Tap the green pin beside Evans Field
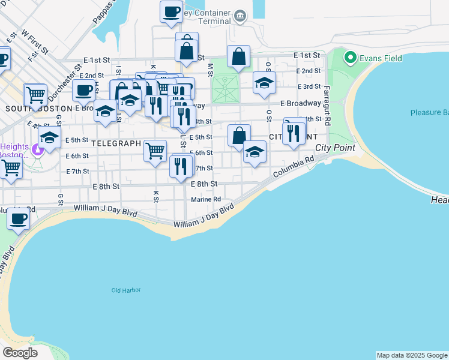click(x=349, y=58)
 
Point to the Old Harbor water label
click(x=126, y=290)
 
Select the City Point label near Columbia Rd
click(x=335, y=148)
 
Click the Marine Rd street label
click(x=206, y=200)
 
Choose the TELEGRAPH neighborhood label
click(x=116, y=144)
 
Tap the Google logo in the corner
click(x=19, y=353)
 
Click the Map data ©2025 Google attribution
click(x=412, y=355)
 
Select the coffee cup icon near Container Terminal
click(x=171, y=12)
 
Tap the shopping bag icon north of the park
click(x=238, y=57)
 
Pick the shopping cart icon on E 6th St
click(x=155, y=151)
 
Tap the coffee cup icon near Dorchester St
click(x=84, y=91)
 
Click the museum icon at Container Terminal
click(x=240, y=16)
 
